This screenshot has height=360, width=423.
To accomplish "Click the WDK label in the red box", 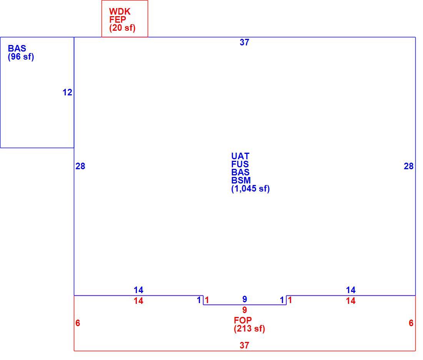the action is pyautogui.click(x=120, y=12).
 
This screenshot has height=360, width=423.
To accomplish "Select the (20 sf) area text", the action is pyautogui.click(x=122, y=28).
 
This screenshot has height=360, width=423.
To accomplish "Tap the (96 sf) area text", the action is pyautogui.click(x=21, y=57).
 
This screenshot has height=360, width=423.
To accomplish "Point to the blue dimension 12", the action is pyautogui.click(x=67, y=93).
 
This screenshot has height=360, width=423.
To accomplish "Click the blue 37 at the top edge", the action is pyautogui.click(x=245, y=42).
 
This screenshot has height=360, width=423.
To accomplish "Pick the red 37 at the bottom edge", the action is pyautogui.click(x=245, y=345).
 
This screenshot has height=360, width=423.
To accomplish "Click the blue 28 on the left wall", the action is pyautogui.click(x=80, y=166).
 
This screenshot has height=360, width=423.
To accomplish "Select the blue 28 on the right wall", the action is pyautogui.click(x=409, y=166).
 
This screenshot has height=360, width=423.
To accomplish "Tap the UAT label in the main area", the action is pyautogui.click(x=240, y=156).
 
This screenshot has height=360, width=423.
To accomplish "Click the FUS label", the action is pyautogui.click(x=240, y=164).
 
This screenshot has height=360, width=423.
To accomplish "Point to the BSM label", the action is pyautogui.click(x=241, y=180).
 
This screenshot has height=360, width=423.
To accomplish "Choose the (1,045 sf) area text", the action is pyautogui.click(x=250, y=188).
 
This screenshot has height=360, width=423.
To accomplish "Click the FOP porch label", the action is pyautogui.click(x=243, y=320).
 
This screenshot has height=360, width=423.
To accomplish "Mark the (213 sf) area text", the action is pyautogui.click(x=249, y=328).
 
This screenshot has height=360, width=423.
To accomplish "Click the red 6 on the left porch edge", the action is pyautogui.click(x=78, y=323).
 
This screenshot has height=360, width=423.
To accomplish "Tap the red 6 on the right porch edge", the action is pyautogui.click(x=411, y=323).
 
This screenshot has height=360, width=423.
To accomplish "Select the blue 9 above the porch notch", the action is pyautogui.click(x=245, y=299).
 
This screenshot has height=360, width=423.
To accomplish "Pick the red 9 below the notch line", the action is pyautogui.click(x=245, y=310).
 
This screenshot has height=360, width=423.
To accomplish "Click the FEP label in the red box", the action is pyautogui.click(x=118, y=20).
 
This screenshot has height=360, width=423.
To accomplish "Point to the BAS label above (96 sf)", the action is pyautogui.click(x=17, y=48).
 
